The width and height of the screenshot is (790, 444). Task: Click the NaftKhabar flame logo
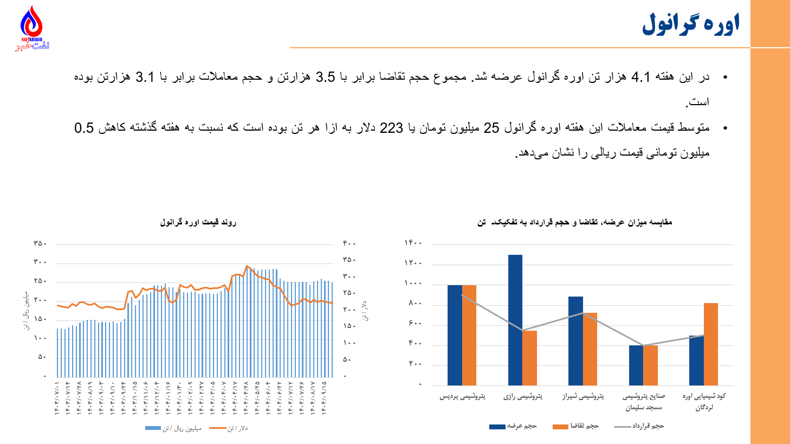[31, 27]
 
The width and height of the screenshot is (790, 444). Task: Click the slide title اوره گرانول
[691, 24]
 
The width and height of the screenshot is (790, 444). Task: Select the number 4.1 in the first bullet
[640, 78]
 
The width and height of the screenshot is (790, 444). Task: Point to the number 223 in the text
[391, 128]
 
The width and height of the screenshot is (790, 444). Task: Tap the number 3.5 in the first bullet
[326, 78]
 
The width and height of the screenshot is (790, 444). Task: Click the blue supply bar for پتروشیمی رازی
[515, 320]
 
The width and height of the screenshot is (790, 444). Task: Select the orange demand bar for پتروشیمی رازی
[530, 358]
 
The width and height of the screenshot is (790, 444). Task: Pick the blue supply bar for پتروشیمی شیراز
[575, 340]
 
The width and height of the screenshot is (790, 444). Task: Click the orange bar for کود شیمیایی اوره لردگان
[710, 344]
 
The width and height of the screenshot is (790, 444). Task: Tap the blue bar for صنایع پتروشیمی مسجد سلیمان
[636, 365]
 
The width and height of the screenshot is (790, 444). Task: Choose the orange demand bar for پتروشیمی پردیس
[469, 334]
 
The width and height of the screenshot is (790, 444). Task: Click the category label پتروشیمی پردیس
[462, 396]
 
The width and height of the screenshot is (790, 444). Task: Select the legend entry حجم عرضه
[513, 427]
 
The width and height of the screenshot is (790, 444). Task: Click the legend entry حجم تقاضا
[576, 427]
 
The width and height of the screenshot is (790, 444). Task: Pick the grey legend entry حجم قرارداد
[639, 427]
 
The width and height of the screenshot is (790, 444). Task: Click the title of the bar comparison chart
[574, 222]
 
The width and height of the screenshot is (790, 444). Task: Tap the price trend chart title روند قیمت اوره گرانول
[198, 222]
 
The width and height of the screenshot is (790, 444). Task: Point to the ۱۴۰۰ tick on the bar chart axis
[413, 243]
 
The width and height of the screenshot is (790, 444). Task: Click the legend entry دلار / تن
[229, 428]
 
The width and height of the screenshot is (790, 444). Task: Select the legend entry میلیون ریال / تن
[173, 428]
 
